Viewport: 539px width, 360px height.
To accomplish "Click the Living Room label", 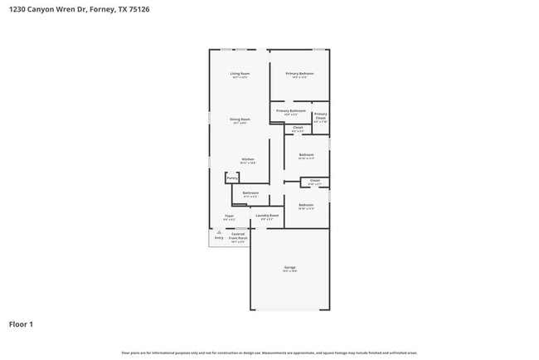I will (x=240, y=74).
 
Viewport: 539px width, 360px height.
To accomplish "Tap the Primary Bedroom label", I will (x=299, y=74).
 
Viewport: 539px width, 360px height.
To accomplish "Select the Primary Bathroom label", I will (x=291, y=111).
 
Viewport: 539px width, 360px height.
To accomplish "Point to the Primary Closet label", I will (x=320, y=116).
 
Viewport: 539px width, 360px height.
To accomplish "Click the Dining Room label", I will (x=240, y=119).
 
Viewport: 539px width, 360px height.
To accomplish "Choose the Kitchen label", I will (x=248, y=159).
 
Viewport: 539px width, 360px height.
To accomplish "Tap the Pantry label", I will (x=232, y=178).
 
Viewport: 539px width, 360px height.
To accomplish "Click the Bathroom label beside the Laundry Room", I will (x=250, y=193).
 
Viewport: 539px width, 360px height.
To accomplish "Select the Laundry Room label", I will (x=267, y=216).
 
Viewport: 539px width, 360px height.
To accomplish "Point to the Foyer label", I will (x=229, y=216).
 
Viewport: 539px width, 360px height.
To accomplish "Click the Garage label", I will (x=289, y=267).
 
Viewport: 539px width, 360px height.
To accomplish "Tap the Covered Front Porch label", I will (x=238, y=236).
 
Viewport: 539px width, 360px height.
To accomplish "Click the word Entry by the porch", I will (x=219, y=238).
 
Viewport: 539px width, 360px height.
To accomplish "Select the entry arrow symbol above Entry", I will (x=219, y=232).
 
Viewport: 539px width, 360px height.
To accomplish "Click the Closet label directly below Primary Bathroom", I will (x=298, y=127).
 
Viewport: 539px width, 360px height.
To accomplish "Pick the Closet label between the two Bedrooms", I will (x=314, y=180).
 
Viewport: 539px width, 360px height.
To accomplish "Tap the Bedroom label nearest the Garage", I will (x=306, y=205).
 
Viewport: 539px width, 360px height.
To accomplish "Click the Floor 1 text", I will (x=21, y=324).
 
